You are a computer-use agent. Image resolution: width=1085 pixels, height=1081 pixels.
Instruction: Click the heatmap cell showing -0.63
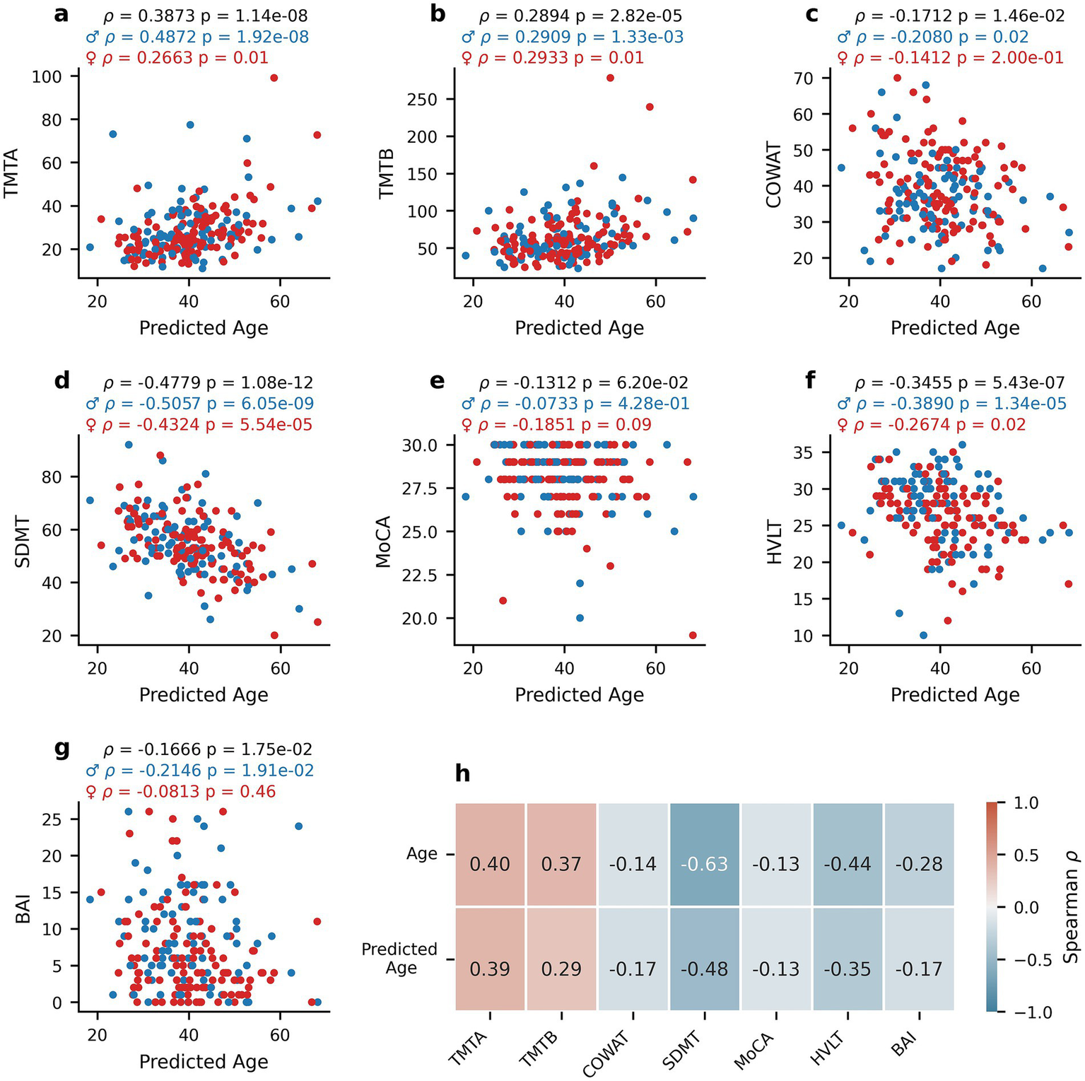704,863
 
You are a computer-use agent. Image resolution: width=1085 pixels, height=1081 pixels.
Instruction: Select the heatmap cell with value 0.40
490,863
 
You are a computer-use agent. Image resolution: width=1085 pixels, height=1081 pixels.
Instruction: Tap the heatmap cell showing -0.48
704,968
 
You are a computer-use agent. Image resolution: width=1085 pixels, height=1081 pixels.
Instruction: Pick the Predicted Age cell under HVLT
848,968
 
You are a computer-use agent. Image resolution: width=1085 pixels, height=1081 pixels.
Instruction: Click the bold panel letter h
462,773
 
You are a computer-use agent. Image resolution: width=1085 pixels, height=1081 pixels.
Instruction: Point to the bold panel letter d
62,380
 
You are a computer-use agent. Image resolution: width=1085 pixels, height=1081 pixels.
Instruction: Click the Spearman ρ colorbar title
1071,907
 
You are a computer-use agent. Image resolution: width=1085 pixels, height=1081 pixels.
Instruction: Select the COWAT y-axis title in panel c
774,175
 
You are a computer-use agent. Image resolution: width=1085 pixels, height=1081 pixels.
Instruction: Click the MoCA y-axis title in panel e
383,542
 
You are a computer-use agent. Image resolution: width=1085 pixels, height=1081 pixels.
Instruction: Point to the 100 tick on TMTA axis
46,76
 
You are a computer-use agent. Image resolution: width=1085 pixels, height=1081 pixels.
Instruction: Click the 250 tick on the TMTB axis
421,99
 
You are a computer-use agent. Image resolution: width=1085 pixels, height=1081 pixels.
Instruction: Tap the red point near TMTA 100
274,78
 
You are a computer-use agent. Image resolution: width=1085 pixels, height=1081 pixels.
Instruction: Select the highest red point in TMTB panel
610,78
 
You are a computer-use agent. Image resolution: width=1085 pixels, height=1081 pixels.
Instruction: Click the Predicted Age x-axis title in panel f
955,695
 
